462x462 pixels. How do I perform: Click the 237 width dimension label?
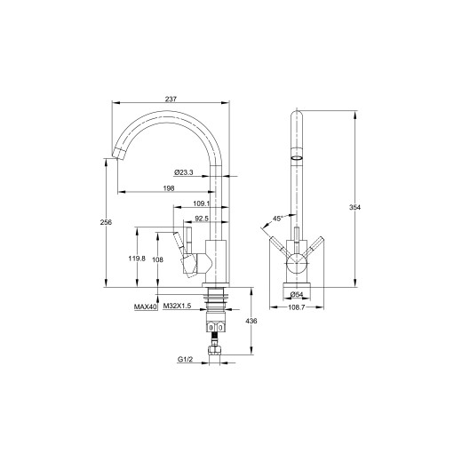(x=171, y=99)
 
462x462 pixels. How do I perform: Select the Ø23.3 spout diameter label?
(x=184, y=172)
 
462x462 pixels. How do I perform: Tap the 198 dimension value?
(x=169, y=188)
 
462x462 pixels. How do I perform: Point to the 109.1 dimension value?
(x=202, y=203)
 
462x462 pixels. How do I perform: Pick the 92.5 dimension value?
(x=202, y=219)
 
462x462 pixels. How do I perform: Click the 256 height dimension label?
(x=106, y=222)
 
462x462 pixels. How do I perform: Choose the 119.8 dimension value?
(x=137, y=259)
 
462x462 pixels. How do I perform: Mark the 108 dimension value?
(x=157, y=259)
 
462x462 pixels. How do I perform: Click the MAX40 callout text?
(x=145, y=307)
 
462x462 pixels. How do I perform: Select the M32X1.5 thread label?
(x=177, y=306)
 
